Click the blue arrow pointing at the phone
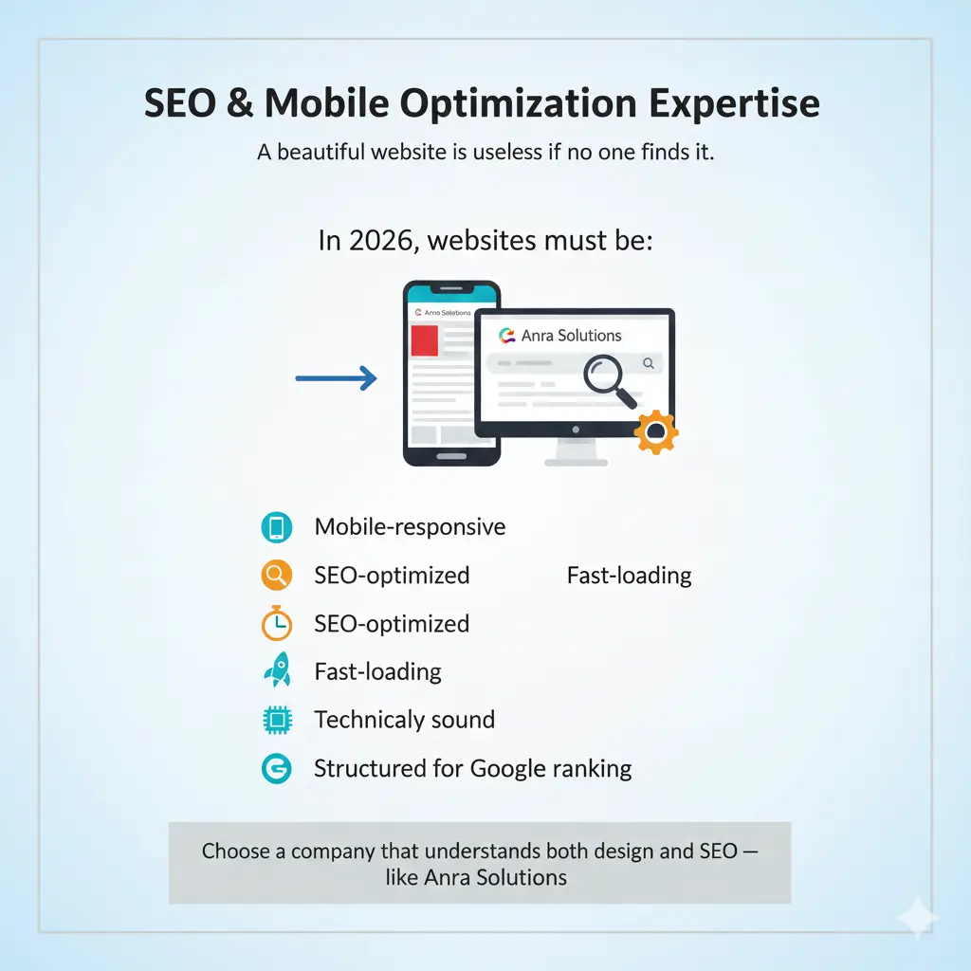pyautogui.click(x=336, y=378)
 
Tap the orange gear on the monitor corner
pyautogui.click(x=656, y=431)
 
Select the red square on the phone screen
pyautogui.click(x=424, y=341)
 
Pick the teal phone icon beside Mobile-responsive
pyautogui.click(x=276, y=527)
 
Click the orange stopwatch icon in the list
pyautogui.click(x=276, y=623)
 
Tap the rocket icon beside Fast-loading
pyautogui.click(x=276, y=671)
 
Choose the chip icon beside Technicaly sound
pyautogui.click(x=276, y=720)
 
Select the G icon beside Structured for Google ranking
pyautogui.click(x=276, y=768)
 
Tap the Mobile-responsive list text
pyautogui.click(x=410, y=527)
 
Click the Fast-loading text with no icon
pyautogui.click(x=629, y=576)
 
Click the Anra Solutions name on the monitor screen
pyautogui.click(x=571, y=336)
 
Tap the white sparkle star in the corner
pyautogui.click(x=918, y=918)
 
